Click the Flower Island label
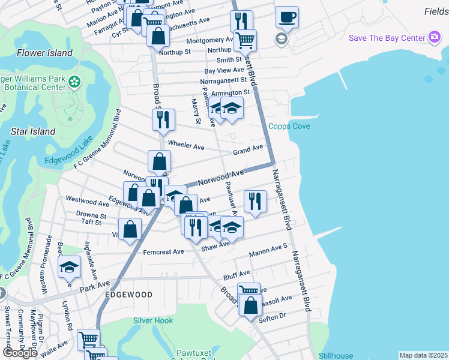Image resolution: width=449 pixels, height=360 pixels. coord(45,53)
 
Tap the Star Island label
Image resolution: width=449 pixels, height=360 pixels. coord(34,131)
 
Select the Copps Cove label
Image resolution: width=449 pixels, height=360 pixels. coord(289,126)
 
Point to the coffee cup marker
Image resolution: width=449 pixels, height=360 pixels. coord(287,17)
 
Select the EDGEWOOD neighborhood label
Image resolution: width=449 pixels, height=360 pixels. coord(128,295)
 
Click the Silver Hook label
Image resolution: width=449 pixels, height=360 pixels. coord(153,321)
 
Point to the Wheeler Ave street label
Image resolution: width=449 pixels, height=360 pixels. coord(186,146)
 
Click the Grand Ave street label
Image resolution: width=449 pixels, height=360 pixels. coord(248,148)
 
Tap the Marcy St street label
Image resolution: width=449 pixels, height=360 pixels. coord(195,112)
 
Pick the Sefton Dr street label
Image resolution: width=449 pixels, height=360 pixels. coord(271,316)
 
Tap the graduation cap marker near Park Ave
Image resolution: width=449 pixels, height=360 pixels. coord(70,267)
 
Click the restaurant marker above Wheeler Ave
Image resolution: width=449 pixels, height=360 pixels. coord(163,119)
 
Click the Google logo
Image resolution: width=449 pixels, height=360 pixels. coord(20,352)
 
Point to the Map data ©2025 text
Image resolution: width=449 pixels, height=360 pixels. coord(423,355)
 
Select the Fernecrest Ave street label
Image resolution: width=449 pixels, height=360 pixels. coord(163,252)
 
